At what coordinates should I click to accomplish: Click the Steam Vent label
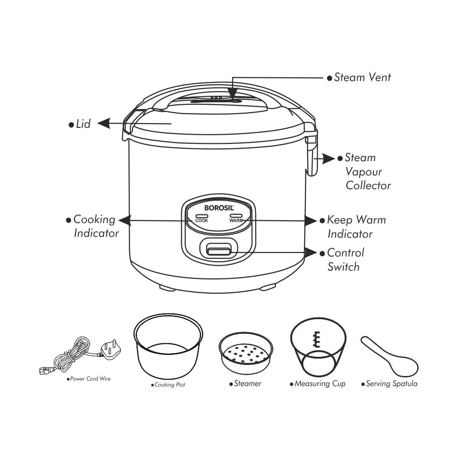[x=362, y=77]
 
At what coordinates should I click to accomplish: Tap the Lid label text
[x=83, y=124]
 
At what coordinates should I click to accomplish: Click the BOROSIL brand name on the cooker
[x=219, y=207]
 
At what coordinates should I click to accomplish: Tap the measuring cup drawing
[x=318, y=347]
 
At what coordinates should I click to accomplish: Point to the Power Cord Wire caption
[x=90, y=379]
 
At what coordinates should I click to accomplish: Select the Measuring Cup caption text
[x=320, y=383]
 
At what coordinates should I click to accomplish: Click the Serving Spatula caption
[x=391, y=383]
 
